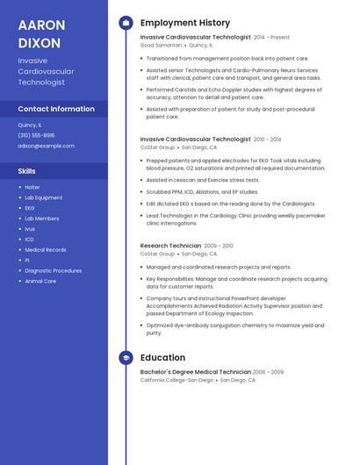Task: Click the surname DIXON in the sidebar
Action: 39,43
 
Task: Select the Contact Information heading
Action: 56,109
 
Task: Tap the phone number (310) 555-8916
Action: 36,135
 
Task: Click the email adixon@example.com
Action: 46,146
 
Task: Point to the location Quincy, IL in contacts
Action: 30,125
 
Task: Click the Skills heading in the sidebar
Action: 27,171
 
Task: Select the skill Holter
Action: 32,187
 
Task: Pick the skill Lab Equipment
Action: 43,197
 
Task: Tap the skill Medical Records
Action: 46,250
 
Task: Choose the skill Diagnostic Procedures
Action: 53,271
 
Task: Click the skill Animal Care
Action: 40,282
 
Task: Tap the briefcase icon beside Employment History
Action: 126,23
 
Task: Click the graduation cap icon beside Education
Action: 126,358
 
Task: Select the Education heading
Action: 162,358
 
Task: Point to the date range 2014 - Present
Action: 271,38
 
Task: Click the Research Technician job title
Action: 170,246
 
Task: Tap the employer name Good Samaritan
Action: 161,45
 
